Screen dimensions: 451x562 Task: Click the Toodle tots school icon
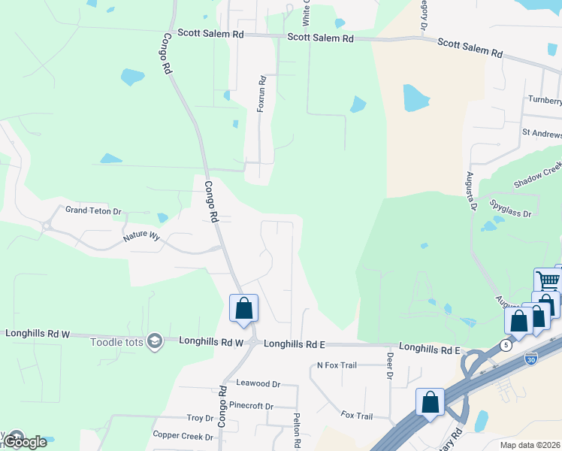point(156,342)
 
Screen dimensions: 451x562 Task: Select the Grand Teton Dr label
point(93,211)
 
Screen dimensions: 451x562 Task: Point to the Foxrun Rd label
point(261,94)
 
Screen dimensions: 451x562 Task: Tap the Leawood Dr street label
point(258,383)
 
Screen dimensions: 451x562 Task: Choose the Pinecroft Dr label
point(252,406)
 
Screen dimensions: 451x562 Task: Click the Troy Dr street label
point(201,418)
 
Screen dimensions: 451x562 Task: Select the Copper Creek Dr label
point(183,435)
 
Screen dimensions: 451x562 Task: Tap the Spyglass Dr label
point(511,209)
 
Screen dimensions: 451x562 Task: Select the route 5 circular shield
point(506,345)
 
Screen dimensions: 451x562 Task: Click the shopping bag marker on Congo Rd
point(243,308)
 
